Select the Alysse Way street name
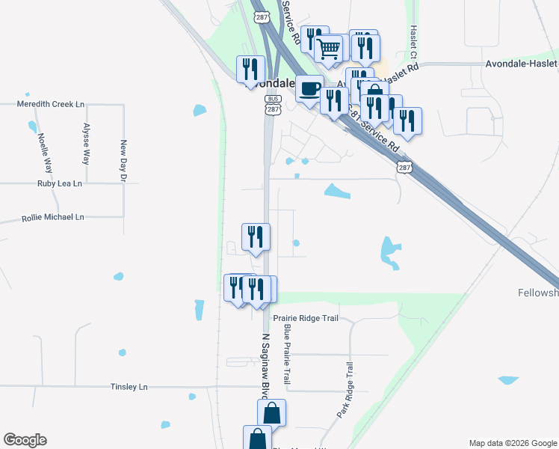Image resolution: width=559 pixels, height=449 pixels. pyautogui.click(x=87, y=144)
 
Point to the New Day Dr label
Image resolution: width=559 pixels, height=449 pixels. pyautogui.click(x=124, y=161)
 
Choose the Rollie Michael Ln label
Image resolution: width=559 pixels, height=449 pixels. pyautogui.click(x=52, y=217)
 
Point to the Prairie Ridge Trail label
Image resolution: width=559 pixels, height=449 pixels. pyautogui.click(x=306, y=318)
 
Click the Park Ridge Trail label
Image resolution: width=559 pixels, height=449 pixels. pyautogui.click(x=345, y=390)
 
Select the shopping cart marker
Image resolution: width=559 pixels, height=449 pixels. pyautogui.click(x=328, y=49)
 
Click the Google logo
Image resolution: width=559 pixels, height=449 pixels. pyautogui.click(x=25, y=440)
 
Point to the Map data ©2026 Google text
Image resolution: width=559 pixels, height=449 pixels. pyautogui.click(x=512, y=443)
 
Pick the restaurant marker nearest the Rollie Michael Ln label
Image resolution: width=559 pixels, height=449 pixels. pyautogui.click(x=256, y=236)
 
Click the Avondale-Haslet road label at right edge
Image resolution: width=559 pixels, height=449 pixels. pyautogui.click(x=522, y=64)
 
